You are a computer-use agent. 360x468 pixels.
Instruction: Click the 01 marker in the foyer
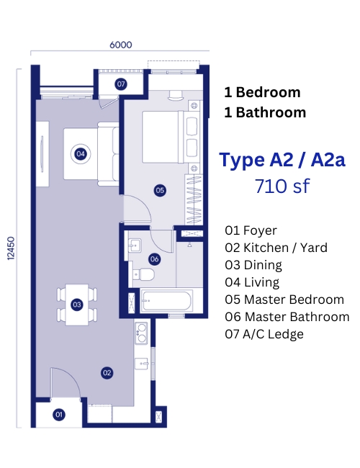click(59, 415)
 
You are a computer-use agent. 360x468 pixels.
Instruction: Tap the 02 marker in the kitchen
click(107, 373)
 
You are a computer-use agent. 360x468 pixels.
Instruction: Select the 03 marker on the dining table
click(77, 305)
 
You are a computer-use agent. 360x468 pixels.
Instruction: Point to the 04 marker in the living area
click(81, 153)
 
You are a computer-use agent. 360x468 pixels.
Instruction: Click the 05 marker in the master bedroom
click(160, 190)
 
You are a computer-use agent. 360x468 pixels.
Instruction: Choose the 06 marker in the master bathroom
click(154, 258)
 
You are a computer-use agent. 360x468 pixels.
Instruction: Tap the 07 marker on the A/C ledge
click(121, 84)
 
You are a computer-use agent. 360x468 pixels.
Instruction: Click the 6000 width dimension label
click(120, 45)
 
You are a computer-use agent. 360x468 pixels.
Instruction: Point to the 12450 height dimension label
click(11, 248)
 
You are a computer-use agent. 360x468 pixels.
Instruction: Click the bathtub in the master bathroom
click(166, 301)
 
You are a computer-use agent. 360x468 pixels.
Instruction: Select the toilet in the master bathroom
click(143, 274)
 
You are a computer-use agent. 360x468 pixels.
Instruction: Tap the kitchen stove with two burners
click(141, 333)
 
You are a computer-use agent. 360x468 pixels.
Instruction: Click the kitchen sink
click(141, 364)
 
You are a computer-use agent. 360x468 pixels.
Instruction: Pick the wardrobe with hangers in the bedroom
click(194, 199)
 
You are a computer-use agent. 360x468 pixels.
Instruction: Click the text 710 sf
click(282, 186)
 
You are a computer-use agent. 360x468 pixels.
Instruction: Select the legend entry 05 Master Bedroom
click(284, 300)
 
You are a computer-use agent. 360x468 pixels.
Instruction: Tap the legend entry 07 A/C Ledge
click(264, 334)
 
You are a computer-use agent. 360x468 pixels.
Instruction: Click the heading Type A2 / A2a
click(282, 161)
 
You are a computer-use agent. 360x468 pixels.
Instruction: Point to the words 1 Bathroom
click(265, 112)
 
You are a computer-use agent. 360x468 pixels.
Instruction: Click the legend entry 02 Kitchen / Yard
click(276, 248)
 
